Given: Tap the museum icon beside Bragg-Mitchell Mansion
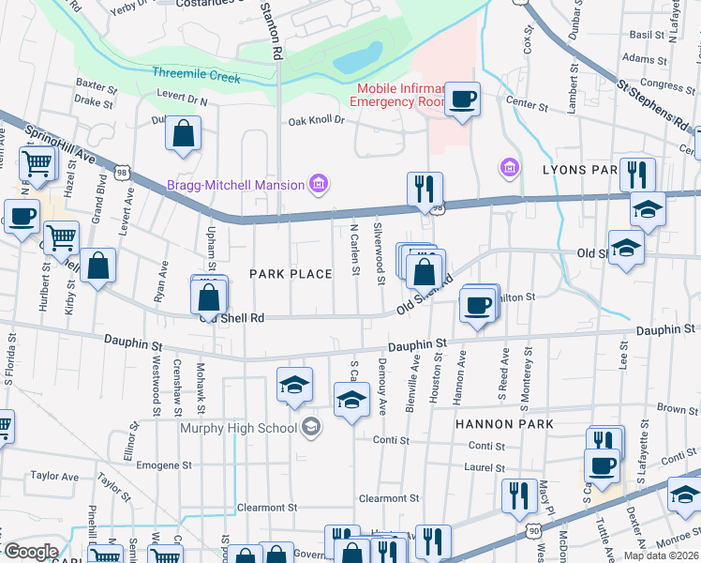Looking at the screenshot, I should point(319,183).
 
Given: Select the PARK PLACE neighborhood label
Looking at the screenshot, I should point(291,273).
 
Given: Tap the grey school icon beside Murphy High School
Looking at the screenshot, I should point(310,429).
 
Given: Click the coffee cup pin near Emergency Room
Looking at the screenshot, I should point(462,99).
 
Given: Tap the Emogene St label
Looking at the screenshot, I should point(164,464).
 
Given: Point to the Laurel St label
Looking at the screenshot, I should point(485,467).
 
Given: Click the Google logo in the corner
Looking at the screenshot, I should point(31,552).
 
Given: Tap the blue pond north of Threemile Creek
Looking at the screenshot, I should point(357,59).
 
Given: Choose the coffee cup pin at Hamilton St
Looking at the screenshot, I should point(478,306).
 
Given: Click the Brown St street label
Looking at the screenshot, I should point(670,408).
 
